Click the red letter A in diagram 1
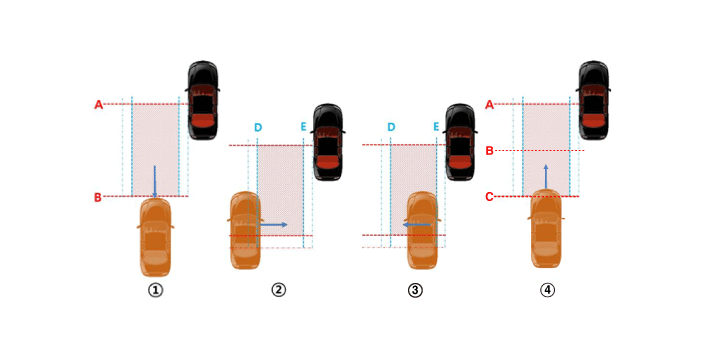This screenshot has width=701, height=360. click(x=98, y=105)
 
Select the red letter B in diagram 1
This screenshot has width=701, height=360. click(x=98, y=197)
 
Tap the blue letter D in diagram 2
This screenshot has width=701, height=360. click(x=258, y=128)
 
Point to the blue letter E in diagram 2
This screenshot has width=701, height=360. click(x=304, y=127)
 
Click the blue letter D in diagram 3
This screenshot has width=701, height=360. click(x=391, y=127)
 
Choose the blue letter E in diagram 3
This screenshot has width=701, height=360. click(x=436, y=127)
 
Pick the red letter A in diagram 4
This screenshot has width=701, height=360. click(x=490, y=105)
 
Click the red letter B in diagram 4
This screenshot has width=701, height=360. click(x=490, y=151)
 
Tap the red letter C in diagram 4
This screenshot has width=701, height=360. click(x=489, y=197)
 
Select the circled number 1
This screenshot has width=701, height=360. click(x=155, y=290)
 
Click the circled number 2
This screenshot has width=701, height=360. click(x=278, y=290)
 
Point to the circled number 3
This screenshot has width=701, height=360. click(x=415, y=290)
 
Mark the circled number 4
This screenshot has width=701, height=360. click(x=547, y=290)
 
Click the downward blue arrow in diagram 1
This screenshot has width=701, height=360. click(x=155, y=182)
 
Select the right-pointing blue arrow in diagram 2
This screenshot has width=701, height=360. click(x=274, y=224)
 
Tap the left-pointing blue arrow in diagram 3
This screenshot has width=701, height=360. click(x=417, y=225)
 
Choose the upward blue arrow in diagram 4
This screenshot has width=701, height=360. click(x=546, y=177)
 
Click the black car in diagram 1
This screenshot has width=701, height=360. click(x=203, y=100)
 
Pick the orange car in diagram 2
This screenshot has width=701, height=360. click(x=245, y=230)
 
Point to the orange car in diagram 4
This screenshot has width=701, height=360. click(x=546, y=229)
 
